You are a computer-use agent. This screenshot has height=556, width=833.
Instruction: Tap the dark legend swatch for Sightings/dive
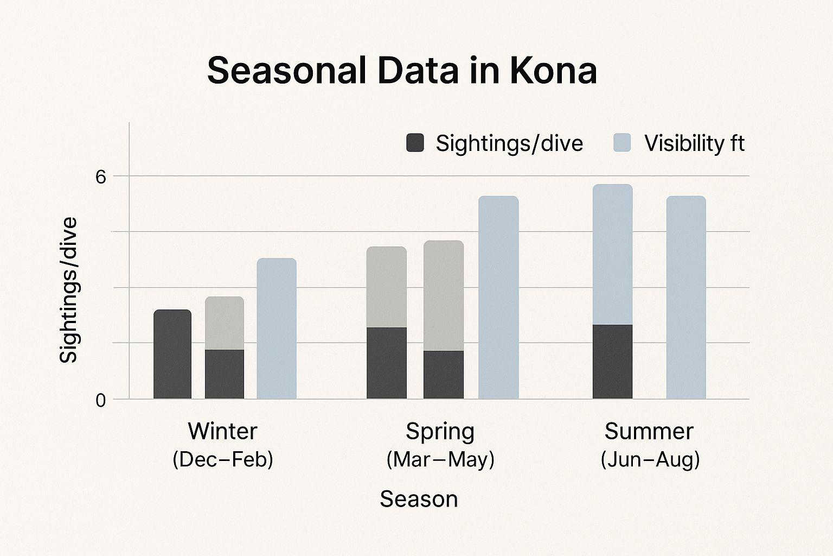(415, 143)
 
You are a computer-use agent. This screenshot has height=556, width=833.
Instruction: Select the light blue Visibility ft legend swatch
(622, 143)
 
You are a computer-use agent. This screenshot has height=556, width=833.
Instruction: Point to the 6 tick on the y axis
(101, 177)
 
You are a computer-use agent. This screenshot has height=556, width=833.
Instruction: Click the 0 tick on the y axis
(101, 401)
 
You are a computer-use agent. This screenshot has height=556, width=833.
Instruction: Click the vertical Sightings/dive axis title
(68, 290)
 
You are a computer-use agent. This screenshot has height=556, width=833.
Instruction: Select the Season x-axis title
(419, 498)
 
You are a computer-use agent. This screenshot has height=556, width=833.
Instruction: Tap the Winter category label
(222, 431)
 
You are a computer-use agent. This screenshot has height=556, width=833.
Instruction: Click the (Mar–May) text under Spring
(440, 459)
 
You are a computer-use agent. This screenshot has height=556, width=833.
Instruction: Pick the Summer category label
(649, 431)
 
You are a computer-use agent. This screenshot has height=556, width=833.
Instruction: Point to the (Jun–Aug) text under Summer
(650, 459)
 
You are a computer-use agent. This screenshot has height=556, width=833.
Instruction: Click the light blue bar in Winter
(277, 328)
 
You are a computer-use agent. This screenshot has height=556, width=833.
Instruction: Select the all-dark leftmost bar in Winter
(172, 354)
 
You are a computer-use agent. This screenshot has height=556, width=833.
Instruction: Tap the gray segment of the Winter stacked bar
(225, 323)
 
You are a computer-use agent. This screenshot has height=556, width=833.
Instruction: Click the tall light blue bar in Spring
(498, 298)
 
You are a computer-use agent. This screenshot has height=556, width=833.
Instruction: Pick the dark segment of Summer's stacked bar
(612, 362)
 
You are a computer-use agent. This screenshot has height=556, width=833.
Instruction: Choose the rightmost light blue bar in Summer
(686, 298)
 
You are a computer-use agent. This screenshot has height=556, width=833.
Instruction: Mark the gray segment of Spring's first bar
(387, 287)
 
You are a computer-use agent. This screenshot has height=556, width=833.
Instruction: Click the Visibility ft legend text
(695, 143)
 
